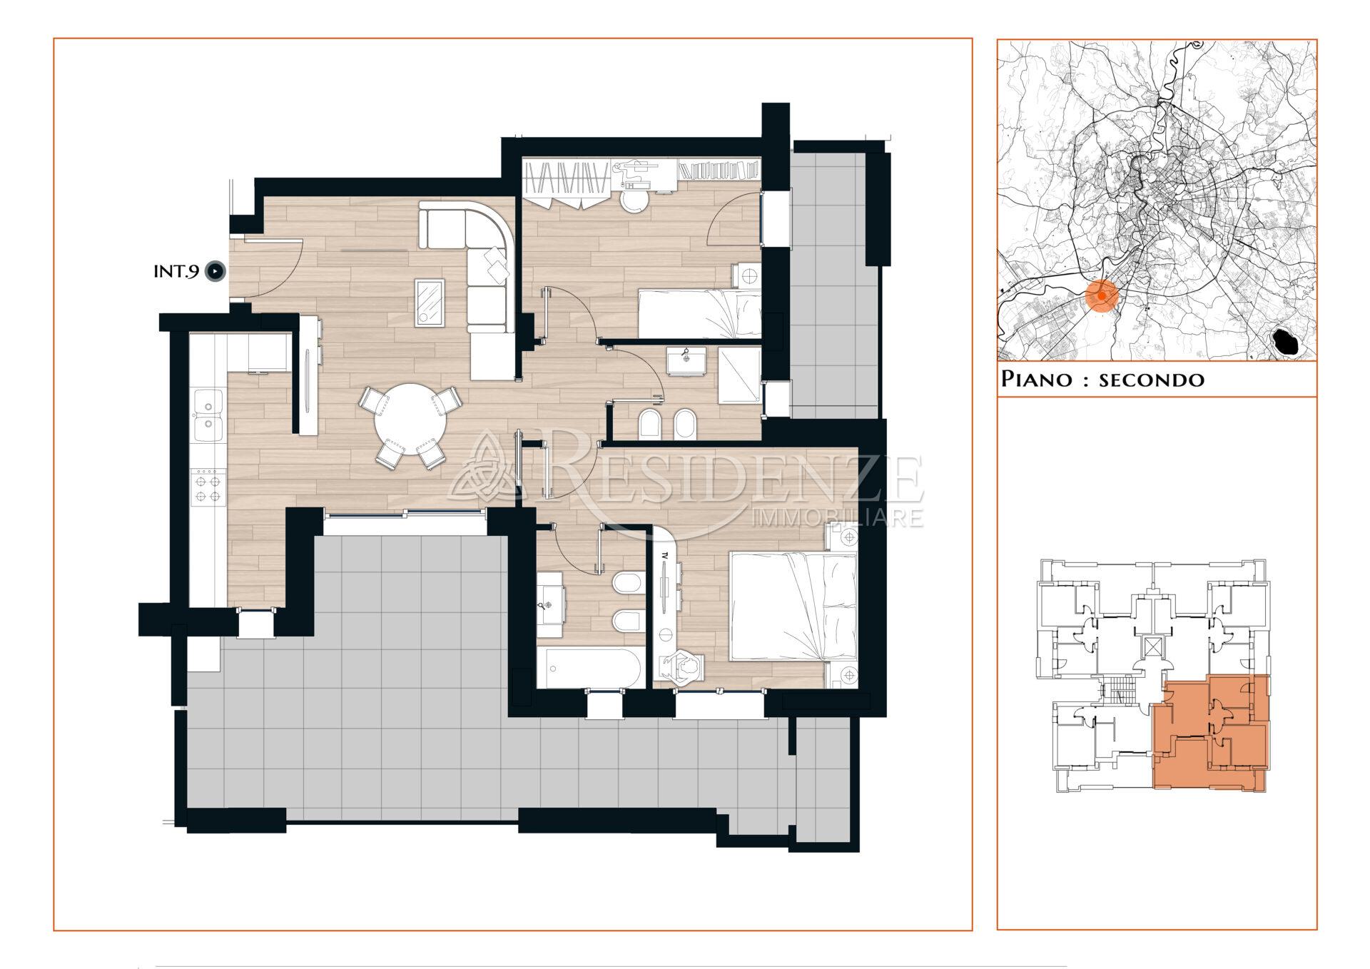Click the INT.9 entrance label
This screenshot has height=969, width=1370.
pos(176,272)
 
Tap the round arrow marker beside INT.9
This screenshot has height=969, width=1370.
pos(215,272)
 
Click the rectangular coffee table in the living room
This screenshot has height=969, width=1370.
pos(430,303)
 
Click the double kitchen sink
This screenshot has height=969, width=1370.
pos(208,415)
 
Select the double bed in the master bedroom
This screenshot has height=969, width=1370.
pos(792,605)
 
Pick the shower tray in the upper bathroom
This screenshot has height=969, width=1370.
pos(739,375)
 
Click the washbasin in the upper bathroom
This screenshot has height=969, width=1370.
pos(686,361)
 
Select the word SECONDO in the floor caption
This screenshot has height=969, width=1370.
pos(1151,380)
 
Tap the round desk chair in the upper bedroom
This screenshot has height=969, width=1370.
pos(633,202)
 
